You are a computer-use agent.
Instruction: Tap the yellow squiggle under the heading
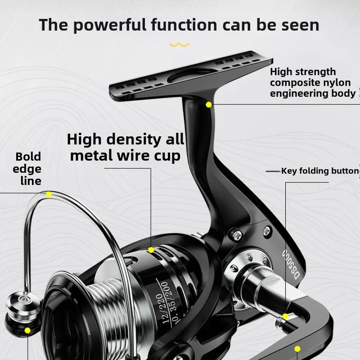click(x=179, y=45)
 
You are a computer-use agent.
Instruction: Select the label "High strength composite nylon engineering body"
click(x=313, y=83)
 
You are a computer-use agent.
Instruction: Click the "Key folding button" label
click(x=319, y=171)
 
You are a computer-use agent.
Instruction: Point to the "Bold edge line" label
click(x=28, y=169)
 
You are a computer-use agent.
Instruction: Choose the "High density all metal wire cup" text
click(x=126, y=147)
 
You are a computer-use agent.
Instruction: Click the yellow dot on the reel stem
click(x=209, y=104)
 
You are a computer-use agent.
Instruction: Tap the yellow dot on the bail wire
click(x=49, y=194)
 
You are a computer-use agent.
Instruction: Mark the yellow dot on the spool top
click(x=151, y=250)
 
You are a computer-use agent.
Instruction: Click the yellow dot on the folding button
click(x=285, y=317)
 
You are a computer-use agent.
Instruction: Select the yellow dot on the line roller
click(x=27, y=330)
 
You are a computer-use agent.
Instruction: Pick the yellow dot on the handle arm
click(x=297, y=349)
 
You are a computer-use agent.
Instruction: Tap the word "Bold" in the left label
click(x=28, y=157)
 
